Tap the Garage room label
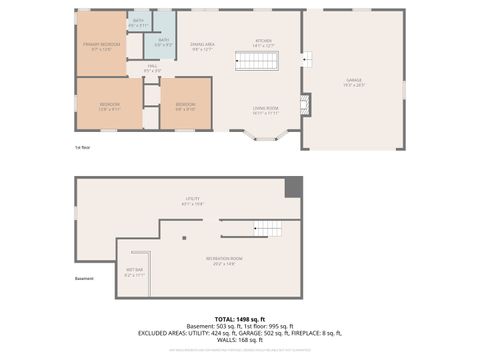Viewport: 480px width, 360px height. [354, 83]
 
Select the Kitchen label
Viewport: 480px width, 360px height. [263, 43]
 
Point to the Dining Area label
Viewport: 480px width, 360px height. [201, 46]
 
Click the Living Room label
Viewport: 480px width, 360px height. [265, 111]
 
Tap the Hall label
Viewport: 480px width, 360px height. [153, 69]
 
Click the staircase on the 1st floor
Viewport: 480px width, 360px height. [256, 62]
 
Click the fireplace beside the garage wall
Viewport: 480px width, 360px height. [306, 105]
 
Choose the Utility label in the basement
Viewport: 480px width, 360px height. [192, 201]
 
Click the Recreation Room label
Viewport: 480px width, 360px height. [225, 262]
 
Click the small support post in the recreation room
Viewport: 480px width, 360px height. [184, 238]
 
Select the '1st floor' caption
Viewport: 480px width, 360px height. [83, 148]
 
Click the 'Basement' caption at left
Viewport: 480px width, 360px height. [85, 279]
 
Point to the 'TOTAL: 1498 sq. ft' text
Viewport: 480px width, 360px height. [240, 318]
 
